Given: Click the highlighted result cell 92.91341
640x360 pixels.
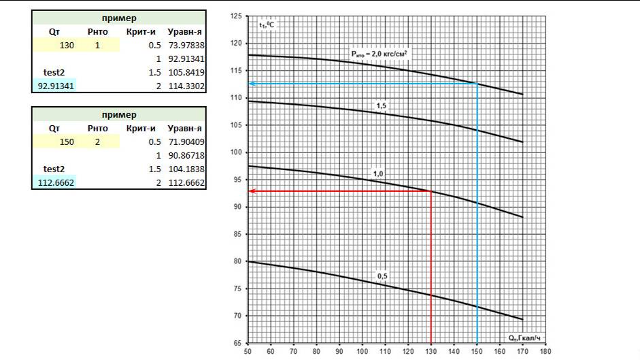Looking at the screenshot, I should click(54, 86).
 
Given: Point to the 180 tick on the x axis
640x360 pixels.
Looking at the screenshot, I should click(545, 352).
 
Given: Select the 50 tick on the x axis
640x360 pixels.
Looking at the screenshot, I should click(248, 352).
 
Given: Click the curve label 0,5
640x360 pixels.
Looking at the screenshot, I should click(383, 276).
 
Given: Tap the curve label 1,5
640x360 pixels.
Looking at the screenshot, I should click(382, 105).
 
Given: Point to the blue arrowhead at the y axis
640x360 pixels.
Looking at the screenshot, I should click(251, 84).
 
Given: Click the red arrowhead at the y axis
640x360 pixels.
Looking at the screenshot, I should click(251, 191).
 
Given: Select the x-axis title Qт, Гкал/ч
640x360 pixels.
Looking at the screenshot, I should click(524, 337).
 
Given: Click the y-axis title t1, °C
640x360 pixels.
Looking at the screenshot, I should click(265, 24).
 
